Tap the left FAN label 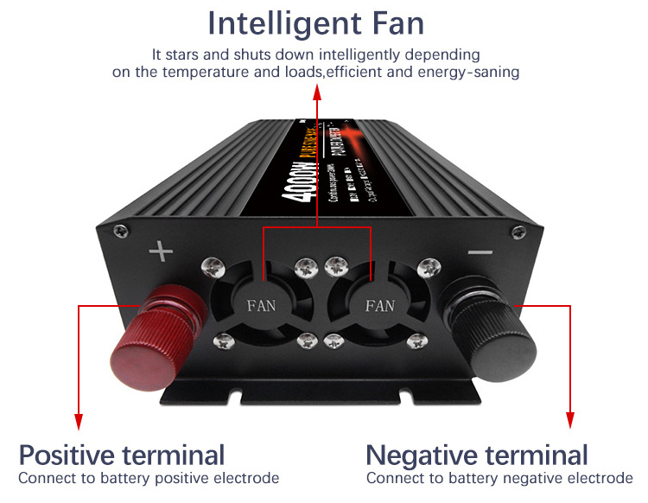point(263,305)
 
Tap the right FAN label point(379,305)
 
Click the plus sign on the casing point(161,253)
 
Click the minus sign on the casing point(480,253)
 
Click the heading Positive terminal point(122,455)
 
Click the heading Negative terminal point(477,455)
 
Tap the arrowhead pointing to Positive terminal point(78,423)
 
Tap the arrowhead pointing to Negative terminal point(570,423)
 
